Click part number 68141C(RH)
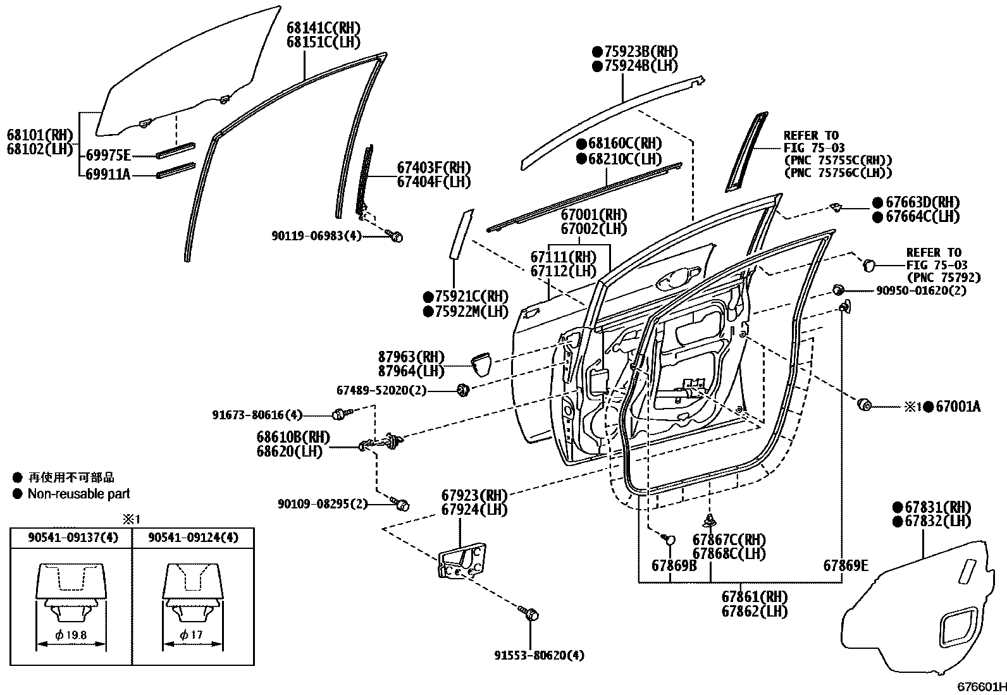coord(323,28)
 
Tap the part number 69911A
coord(108,174)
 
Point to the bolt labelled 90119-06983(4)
coord(397,237)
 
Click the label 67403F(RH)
coord(434,168)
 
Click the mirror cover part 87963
coord(481,364)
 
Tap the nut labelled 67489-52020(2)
coord(463,390)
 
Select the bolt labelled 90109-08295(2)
coord(401,504)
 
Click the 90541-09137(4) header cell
coord(71,538)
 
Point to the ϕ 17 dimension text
coord(192,634)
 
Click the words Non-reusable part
coord(78,494)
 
